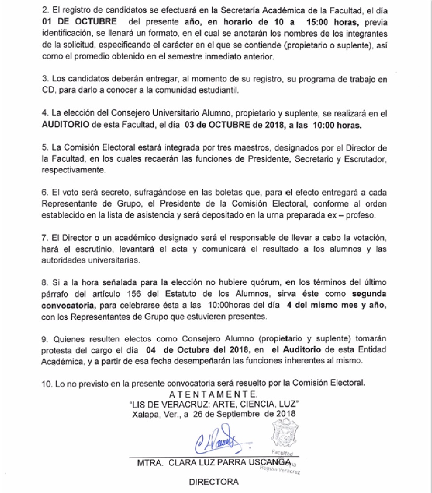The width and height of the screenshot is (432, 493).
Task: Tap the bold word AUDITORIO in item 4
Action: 65,125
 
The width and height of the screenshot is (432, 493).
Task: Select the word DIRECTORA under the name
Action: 214,482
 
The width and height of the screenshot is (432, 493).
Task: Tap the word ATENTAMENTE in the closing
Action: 213,394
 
